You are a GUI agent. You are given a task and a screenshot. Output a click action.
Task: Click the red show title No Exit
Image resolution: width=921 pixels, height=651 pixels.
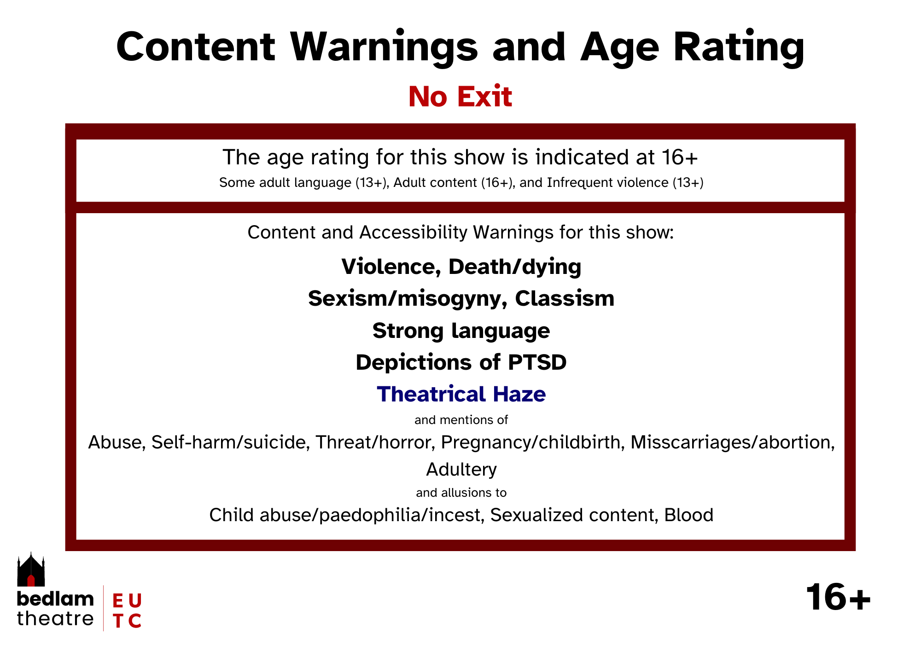click(x=460, y=97)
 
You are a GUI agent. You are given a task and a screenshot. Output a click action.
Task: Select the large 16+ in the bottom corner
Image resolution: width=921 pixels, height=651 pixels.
click(x=838, y=597)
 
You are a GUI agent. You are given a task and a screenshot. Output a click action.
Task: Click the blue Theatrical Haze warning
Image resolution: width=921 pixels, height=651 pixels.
click(x=461, y=394)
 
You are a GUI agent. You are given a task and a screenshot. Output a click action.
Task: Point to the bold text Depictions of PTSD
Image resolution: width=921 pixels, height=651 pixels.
click(x=461, y=362)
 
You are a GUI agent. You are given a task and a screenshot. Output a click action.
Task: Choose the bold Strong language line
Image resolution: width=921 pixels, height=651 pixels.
click(x=461, y=331)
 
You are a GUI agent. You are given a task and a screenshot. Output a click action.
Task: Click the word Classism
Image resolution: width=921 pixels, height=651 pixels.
click(x=565, y=298)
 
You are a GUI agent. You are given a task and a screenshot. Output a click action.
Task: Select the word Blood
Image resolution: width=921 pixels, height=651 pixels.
click(x=689, y=515)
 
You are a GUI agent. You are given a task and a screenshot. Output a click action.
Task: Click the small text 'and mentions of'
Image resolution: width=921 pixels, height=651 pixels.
click(x=461, y=420)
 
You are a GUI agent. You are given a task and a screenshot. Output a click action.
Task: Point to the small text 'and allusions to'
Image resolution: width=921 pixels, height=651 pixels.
click(x=461, y=493)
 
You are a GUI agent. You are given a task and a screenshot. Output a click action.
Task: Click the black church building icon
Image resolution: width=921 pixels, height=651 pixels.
click(x=31, y=570)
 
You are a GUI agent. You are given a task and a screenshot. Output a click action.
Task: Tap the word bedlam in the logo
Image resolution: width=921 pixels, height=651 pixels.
click(x=55, y=599)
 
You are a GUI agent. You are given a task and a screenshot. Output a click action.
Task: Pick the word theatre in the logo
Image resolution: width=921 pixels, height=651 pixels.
click(x=55, y=618)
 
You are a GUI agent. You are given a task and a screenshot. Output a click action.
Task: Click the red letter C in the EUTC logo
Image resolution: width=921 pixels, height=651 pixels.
click(x=134, y=621)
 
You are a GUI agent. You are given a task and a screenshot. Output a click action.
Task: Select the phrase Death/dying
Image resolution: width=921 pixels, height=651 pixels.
click(x=515, y=267)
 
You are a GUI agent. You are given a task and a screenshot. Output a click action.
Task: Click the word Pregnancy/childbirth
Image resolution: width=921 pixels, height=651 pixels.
click(x=530, y=442)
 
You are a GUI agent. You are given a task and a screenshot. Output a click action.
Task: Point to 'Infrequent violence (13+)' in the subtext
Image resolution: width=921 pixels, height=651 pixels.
click(x=625, y=183)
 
